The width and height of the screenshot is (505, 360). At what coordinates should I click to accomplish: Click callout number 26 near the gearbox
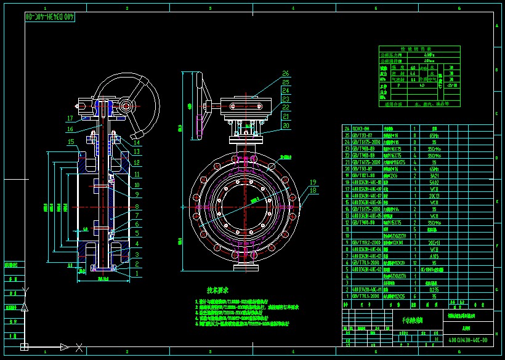point(285,74)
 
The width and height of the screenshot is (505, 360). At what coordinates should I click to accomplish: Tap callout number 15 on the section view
point(71,142)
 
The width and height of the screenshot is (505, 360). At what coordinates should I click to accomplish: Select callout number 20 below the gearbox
point(285,126)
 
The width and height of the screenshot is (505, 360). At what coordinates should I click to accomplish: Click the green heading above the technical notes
point(217,289)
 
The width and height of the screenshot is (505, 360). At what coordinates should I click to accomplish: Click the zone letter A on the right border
point(496,26)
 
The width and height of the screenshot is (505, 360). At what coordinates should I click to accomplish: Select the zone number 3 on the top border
point(210,9)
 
